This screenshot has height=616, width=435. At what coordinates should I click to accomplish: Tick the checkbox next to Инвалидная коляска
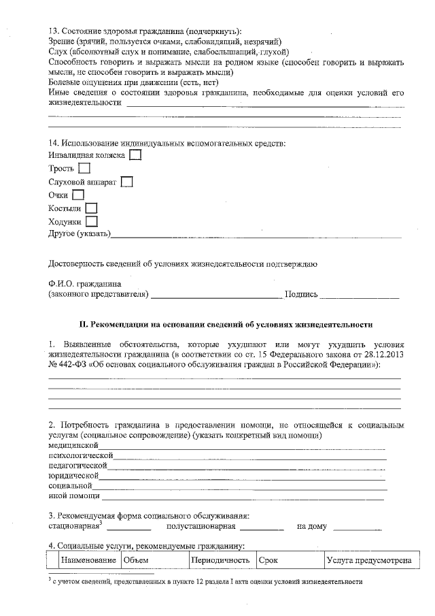point(135,155)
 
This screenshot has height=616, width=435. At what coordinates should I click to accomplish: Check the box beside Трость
point(84,168)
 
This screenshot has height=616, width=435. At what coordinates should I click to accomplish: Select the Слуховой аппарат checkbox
point(126,182)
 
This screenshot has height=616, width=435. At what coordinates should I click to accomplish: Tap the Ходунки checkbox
point(92,221)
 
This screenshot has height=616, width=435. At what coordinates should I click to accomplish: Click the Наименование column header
point(88,560)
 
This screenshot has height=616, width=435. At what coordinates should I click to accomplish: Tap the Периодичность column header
point(221,560)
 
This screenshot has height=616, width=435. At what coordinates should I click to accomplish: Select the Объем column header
point(136,560)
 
